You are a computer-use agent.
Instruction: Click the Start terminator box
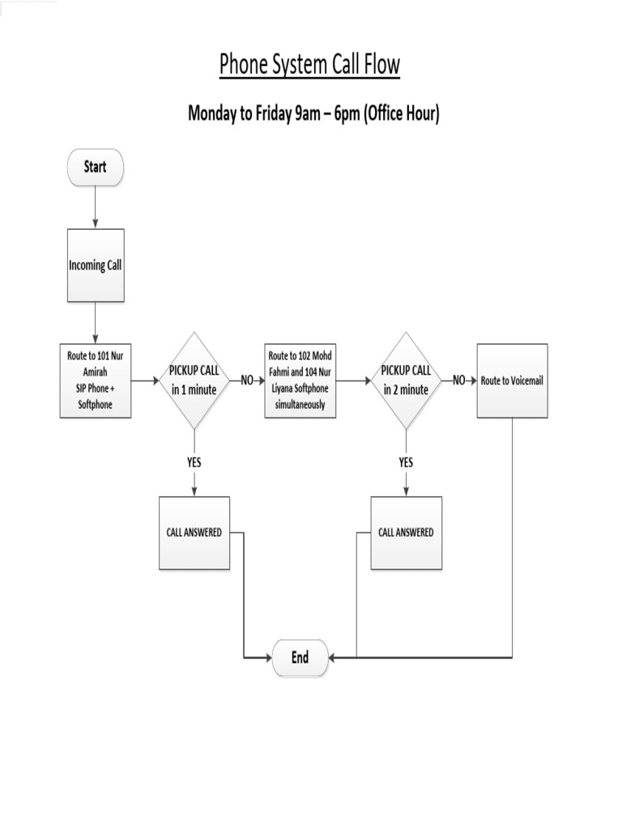click(x=95, y=167)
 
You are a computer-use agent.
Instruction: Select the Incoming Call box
click(x=96, y=265)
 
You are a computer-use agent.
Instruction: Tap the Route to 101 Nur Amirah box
click(x=96, y=380)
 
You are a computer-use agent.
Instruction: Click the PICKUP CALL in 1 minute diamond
click(x=194, y=380)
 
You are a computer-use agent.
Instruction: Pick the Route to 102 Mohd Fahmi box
click(x=300, y=380)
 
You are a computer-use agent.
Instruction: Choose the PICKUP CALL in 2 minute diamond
click(x=406, y=380)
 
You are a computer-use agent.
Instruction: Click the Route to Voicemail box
click(x=512, y=380)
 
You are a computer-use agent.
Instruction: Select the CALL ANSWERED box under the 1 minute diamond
click(x=194, y=533)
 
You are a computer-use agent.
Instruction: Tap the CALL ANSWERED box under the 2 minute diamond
click(x=406, y=533)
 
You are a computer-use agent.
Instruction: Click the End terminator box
click(x=300, y=657)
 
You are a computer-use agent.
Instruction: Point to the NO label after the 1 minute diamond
click(x=247, y=380)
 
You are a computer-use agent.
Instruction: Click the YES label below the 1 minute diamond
click(x=194, y=462)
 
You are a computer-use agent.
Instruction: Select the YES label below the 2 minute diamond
click(x=406, y=462)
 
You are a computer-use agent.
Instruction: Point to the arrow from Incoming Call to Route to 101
click(x=96, y=322)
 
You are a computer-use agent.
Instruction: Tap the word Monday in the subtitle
click(x=213, y=113)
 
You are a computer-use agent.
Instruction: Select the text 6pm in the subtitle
click(x=345, y=113)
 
